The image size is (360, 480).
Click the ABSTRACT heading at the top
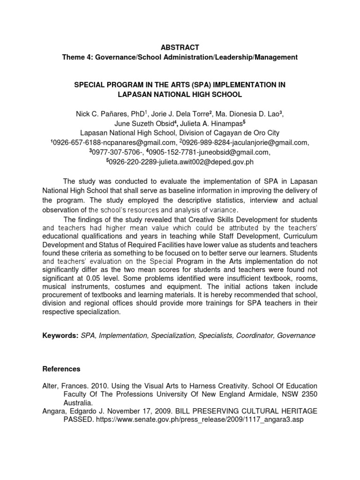(180, 47)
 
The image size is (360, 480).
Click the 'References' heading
(62, 369)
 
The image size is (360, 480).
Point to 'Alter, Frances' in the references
(65, 385)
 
